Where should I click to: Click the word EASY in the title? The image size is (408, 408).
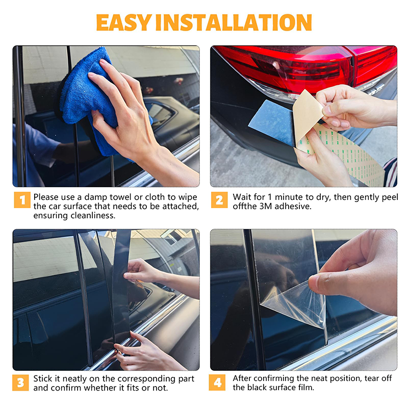pyautogui.click(x=124, y=22)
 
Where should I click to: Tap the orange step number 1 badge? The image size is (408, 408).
pyautogui.click(x=22, y=200)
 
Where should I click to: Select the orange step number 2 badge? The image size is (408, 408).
pyautogui.click(x=219, y=200)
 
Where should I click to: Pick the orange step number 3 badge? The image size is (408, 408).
pyautogui.click(x=20, y=382)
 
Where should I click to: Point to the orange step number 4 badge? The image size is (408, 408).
pyautogui.click(x=217, y=382)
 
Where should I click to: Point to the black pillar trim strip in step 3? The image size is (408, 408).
pyautogui.click(x=121, y=286)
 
